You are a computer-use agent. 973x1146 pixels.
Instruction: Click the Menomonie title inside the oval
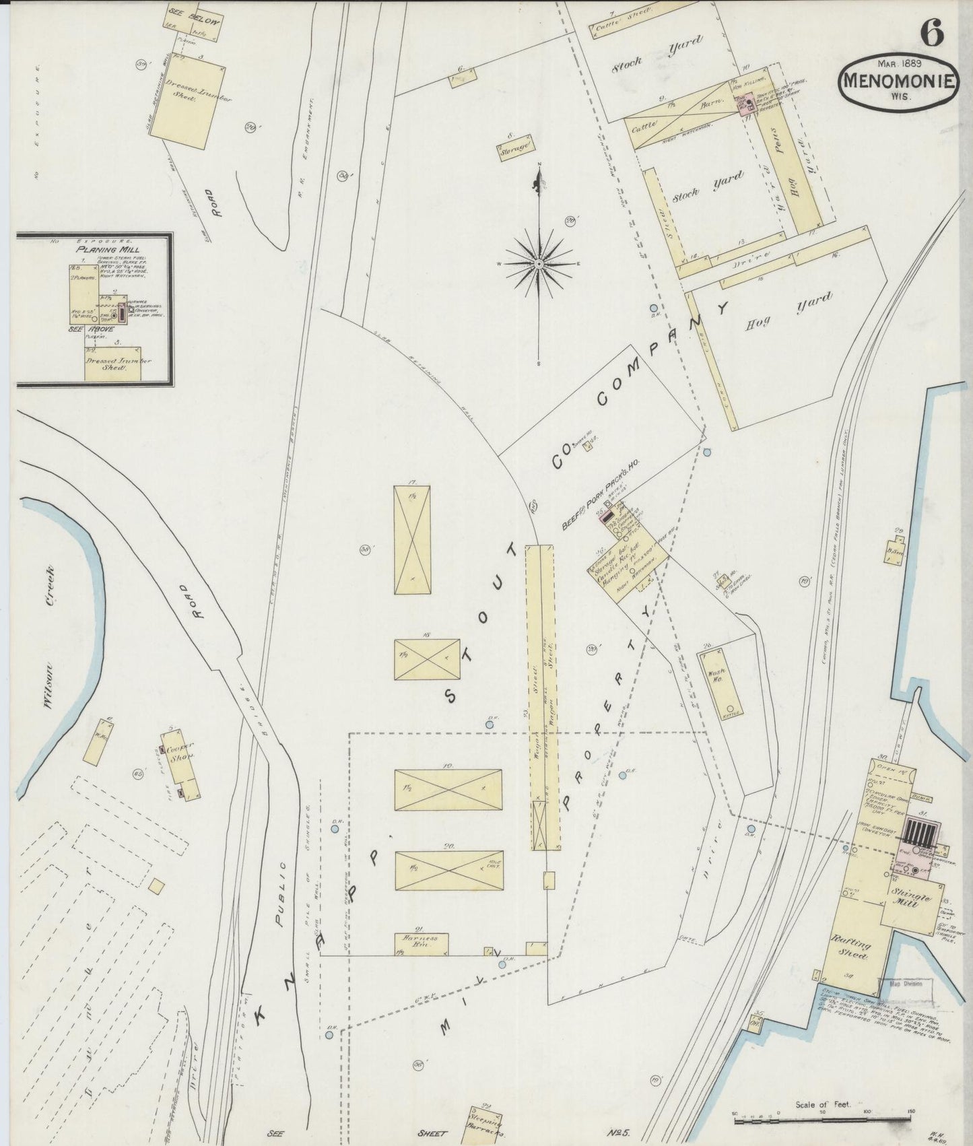tap(898, 81)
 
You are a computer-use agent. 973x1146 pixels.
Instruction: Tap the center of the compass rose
tap(539, 263)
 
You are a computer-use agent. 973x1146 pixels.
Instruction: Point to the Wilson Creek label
tap(49, 637)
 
